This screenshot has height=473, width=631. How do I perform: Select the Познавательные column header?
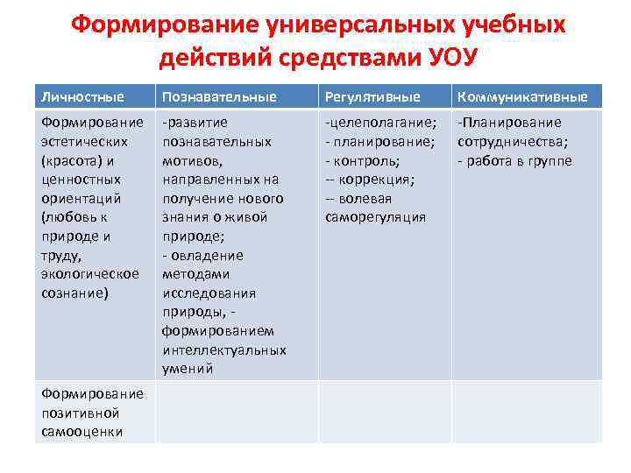pos(219,96)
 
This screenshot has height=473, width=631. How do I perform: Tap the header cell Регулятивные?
pos(372,96)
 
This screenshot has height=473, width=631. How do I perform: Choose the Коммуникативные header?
pos(521,96)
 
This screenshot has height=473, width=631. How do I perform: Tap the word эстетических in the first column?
pos(84,141)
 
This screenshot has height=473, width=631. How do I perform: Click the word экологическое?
pos(89,274)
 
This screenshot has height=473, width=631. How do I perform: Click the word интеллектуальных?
pos(223,349)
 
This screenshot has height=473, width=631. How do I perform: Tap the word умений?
pos(188,369)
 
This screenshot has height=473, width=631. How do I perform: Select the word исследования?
pos(209,293)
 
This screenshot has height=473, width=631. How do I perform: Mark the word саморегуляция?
pos(375,217)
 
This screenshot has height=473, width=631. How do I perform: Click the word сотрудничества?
pos(513,141)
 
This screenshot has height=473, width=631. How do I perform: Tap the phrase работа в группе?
pos(520,160)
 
